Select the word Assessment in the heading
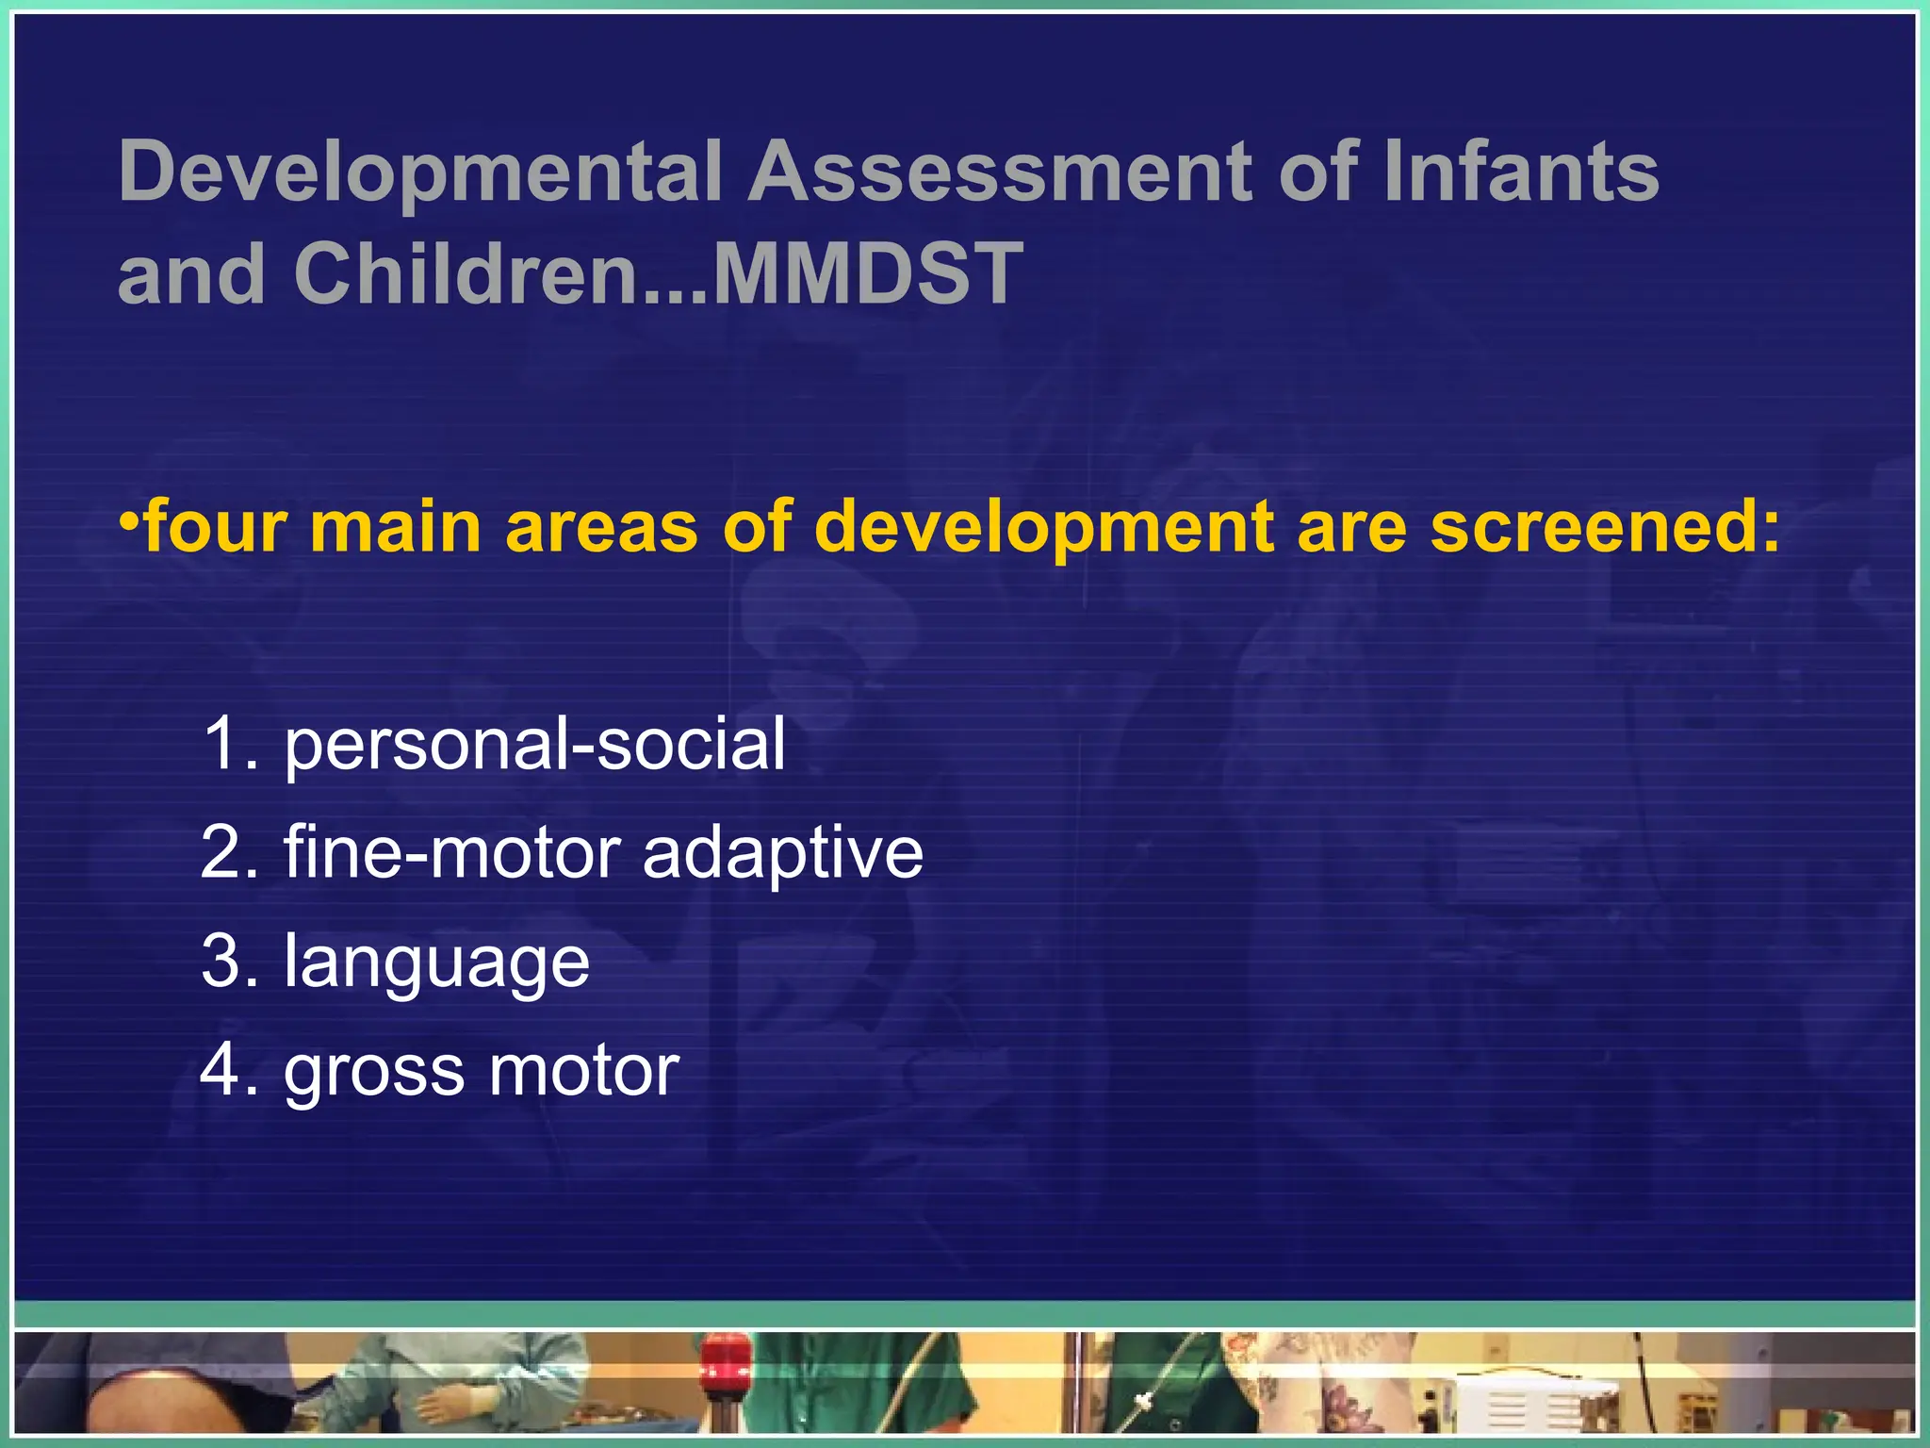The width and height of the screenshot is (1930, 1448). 1000,172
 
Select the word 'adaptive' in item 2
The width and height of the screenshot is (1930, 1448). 782,853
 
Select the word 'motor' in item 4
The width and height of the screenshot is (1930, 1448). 583,1071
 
